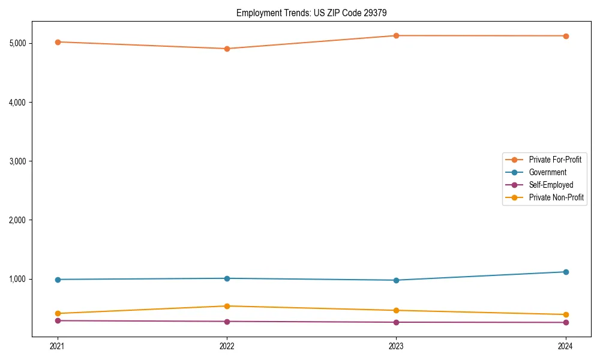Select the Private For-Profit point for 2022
tap(227, 49)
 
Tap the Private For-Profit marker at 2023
tap(396, 35)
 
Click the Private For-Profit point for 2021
tap(58, 42)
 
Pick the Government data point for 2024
tap(565, 272)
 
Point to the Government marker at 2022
tap(227, 278)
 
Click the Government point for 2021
tap(58, 280)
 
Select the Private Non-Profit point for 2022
tap(227, 306)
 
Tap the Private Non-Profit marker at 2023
tap(396, 310)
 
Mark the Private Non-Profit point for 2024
tap(565, 314)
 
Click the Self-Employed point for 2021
tap(58, 320)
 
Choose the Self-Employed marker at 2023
tap(396, 322)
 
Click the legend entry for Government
tap(547, 172)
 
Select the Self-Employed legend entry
tap(551, 185)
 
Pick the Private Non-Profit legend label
tap(556, 197)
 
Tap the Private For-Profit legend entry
tap(555, 160)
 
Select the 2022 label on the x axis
tap(227, 346)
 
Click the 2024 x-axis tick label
tap(565, 346)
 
